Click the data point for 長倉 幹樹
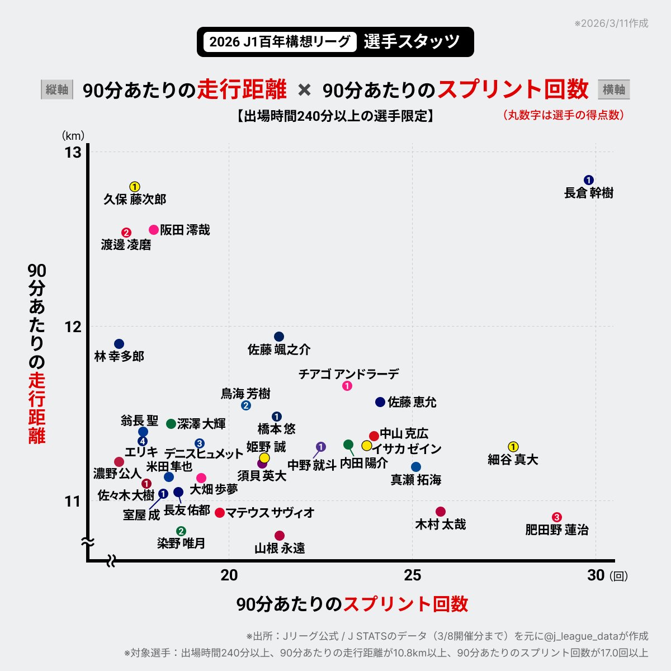pos(588,179)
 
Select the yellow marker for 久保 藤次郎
pos(135,187)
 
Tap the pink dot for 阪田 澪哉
pos(154,230)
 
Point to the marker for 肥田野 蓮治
pos(556,517)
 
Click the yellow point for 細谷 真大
pos(513,446)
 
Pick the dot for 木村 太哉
pos(441,512)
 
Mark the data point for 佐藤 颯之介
pos(279,337)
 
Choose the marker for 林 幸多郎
pos(119,344)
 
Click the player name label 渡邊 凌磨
pos(126,245)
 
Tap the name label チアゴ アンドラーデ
pos(349,374)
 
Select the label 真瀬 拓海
pos(415,480)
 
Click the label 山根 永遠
pos(280,548)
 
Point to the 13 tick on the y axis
pos(73,152)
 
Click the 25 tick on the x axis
pos(413,575)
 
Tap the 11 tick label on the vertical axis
pos(73,501)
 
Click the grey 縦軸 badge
pos(57,89)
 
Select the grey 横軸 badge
pos(614,89)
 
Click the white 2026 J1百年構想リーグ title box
pos(280,42)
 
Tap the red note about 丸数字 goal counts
pos(563,115)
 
